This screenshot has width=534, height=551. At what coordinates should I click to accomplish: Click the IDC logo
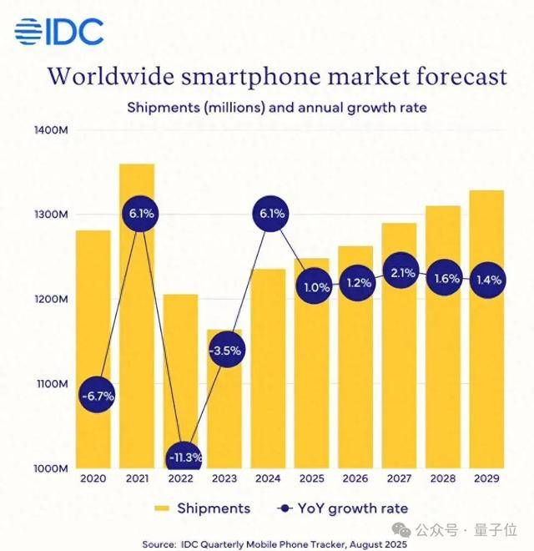click(x=58, y=31)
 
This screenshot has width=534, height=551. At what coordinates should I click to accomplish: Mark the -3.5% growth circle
click(x=224, y=351)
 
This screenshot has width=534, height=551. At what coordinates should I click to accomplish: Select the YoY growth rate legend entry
click(x=341, y=508)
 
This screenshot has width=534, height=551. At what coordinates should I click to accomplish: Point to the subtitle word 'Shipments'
click(x=163, y=108)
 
